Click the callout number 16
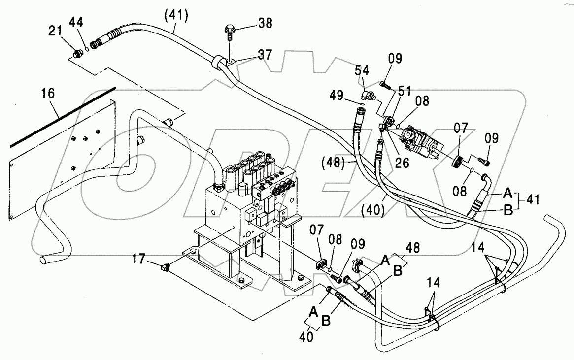tap(48, 93)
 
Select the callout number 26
tap(403, 163)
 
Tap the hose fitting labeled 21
tap(77, 54)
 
